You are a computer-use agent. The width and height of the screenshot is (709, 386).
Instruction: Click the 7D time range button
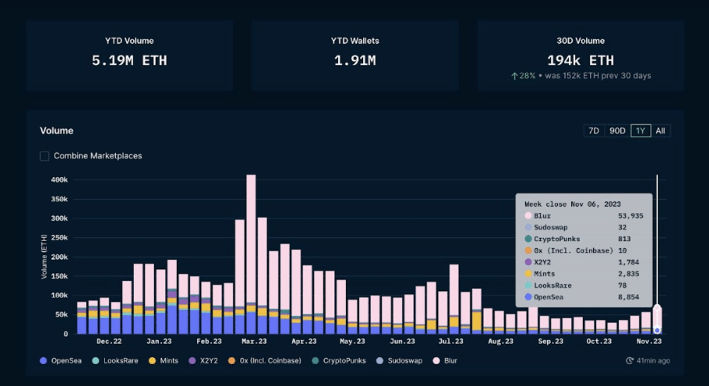click(x=593, y=131)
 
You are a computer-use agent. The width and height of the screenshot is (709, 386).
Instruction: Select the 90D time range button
click(x=617, y=131)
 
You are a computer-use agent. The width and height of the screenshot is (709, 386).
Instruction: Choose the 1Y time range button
click(x=640, y=131)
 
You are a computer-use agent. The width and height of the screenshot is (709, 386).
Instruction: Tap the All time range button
click(x=661, y=131)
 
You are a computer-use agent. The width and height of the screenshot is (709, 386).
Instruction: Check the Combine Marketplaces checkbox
click(x=44, y=156)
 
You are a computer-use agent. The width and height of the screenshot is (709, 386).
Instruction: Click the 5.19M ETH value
click(x=129, y=60)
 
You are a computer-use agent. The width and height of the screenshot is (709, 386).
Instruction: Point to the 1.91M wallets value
click(x=354, y=60)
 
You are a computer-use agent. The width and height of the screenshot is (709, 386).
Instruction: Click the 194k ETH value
click(x=580, y=60)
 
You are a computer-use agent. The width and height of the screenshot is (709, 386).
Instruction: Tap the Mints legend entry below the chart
click(x=164, y=361)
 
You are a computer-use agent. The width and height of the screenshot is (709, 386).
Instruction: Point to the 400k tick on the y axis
click(x=59, y=180)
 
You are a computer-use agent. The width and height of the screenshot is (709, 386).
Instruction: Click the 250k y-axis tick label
click(x=59, y=238)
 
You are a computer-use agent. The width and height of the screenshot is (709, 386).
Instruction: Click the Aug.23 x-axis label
click(x=501, y=342)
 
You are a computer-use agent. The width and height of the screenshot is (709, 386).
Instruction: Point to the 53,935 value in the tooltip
click(x=632, y=216)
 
